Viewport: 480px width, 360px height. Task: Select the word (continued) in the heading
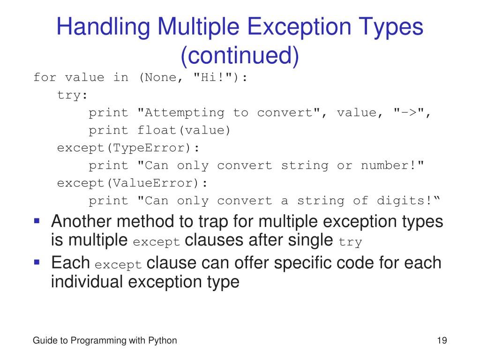click(240, 55)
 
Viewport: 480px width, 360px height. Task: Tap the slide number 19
click(441, 341)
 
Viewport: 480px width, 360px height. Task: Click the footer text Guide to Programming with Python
click(105, 341)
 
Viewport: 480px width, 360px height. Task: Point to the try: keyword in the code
click(72, 95)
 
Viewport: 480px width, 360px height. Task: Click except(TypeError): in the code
click(128, 148)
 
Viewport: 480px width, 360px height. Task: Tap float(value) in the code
click(184, 130)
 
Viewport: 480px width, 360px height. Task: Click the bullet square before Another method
click(37, 220)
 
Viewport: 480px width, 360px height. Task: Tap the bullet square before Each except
click(37, 261)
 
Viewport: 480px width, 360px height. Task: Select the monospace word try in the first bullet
click(351, 242)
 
